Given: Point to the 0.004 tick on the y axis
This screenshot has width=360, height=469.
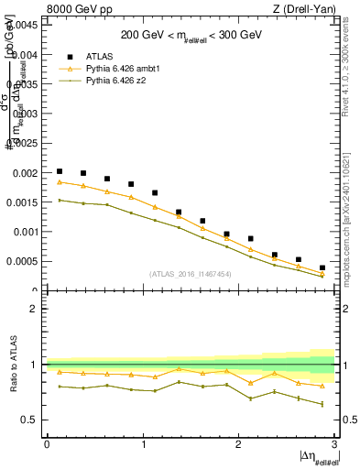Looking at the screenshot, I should tap(26, 54).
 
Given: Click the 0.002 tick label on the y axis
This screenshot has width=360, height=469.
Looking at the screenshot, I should tap(26, 172).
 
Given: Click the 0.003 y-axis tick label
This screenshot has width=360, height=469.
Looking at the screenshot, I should tap(26, 114).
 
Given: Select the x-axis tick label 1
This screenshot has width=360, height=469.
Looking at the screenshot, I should tap(142, 443).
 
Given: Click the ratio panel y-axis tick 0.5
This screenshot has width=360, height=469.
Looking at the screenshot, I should tap(32, 420).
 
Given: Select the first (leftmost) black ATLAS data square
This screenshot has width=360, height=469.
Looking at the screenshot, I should tap(60, 171).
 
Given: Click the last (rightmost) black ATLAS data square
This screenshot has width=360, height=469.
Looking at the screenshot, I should tap(322, 268).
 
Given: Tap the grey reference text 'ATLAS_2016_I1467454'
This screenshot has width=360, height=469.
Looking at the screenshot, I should tap(191, 274).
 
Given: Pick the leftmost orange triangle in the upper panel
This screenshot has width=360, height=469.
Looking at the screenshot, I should tap(60, 181).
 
